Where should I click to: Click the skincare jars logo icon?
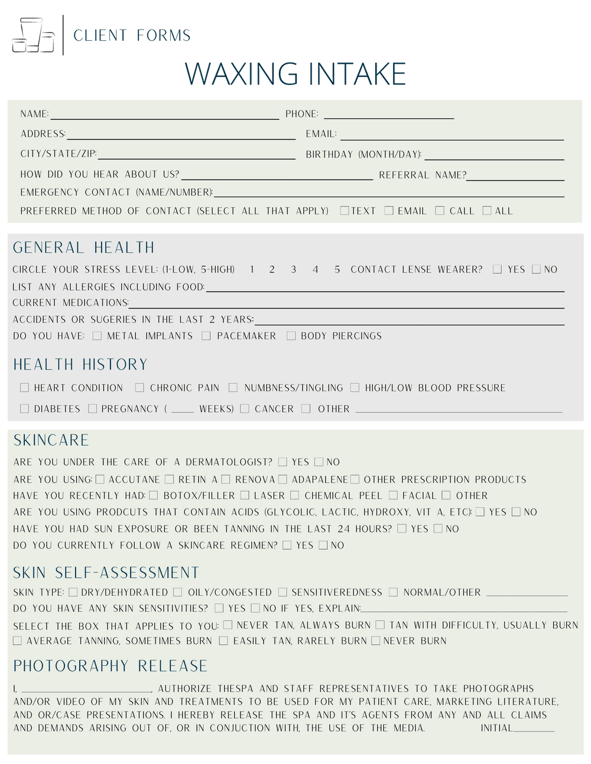(33, 35)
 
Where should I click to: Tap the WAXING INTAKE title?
(295, 74)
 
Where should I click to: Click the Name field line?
(164, 116)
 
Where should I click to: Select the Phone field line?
(389, 116)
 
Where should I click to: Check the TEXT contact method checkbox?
(345, 211)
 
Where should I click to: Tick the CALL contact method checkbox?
(440, 211)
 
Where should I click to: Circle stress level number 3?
(293, 270)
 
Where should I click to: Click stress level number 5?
(337, 270)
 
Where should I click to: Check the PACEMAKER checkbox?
(206, 336)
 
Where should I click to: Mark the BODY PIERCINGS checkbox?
(291, 336)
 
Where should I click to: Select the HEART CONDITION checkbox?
(24, 388)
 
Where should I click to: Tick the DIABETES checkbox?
(24, 409)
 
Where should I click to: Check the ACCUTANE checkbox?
(100, 479)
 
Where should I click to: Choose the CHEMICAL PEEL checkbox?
(294, 495)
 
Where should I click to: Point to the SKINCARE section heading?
(51, 440)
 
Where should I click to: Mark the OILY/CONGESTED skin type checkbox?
(178, 592)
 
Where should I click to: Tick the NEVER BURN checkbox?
(375, 641)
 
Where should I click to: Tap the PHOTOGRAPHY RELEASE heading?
(111, 666)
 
